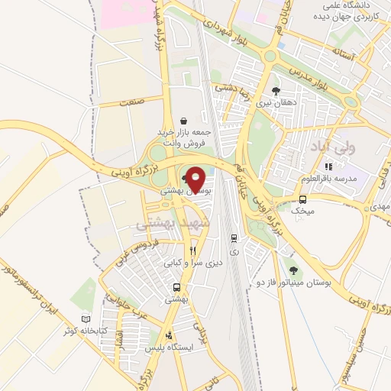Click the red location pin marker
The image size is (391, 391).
(x=196, y=179)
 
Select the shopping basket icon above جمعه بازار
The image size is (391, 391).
(x=183, y=121)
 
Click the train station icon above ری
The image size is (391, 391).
(x=233, y=238)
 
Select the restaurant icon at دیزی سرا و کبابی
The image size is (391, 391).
(x=192, y=250)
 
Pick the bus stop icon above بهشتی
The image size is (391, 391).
(x=177, y=287)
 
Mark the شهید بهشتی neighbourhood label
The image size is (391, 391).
(x=166, y=225)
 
